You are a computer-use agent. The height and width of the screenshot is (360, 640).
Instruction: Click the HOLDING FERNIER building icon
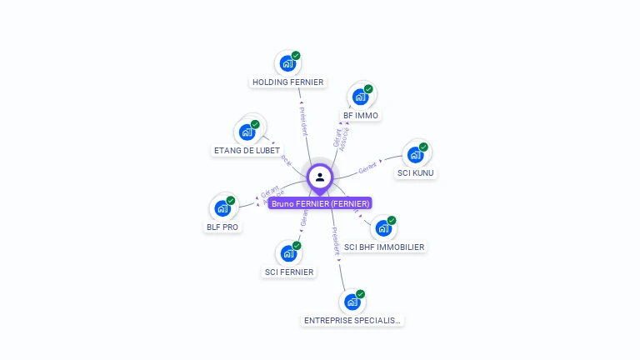coord(287,63)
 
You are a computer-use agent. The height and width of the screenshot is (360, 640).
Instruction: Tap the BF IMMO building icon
coord(360,97)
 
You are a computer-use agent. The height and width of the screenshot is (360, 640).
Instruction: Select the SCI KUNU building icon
coord(415,154)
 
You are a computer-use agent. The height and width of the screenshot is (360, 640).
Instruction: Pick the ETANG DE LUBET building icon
coord(247,132)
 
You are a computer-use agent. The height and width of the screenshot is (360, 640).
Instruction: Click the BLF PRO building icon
coord(222,207)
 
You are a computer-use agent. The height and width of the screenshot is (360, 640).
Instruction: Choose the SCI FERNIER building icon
coord(288,253)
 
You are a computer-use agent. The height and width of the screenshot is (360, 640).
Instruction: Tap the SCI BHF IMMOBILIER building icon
coord(383,227)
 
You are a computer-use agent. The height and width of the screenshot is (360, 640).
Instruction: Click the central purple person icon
coord(320,177)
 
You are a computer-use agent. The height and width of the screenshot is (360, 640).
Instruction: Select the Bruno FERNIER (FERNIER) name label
coord(320,203)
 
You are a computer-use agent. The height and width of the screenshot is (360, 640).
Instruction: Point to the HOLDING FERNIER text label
coord(287,82)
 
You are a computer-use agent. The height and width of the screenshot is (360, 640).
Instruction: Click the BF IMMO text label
coord(361,116)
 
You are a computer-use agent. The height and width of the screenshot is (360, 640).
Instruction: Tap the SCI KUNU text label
coord(415,173)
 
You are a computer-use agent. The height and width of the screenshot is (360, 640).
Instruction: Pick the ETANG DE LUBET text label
coord(247,151)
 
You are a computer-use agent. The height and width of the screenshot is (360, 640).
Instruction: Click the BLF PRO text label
coord(222,227)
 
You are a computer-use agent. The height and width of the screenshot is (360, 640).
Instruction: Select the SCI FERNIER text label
coord(289,272)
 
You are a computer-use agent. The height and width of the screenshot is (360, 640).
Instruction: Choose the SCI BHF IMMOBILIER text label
coord(384,247)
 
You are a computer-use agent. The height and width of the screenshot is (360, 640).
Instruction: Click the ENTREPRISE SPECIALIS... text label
coord(352,320)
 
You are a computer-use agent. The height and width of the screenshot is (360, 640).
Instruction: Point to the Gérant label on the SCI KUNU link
coord(368,167)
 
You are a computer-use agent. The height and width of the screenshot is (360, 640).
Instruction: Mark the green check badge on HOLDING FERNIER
coord(296,56)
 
